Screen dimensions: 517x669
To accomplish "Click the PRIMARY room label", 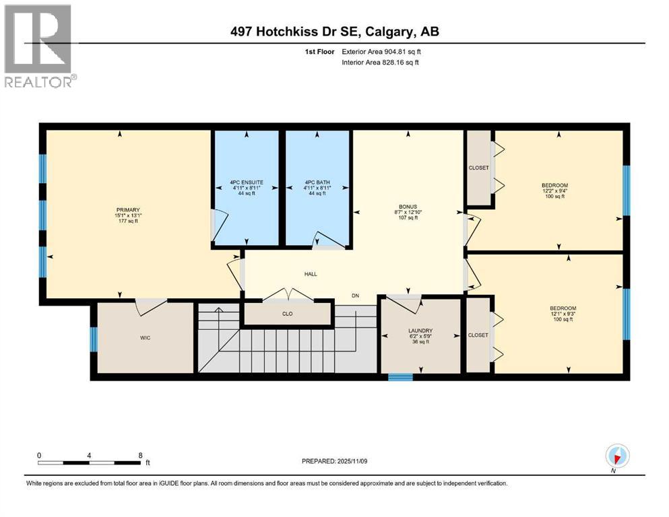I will (127, 209).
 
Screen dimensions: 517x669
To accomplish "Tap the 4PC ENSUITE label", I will (246, 182).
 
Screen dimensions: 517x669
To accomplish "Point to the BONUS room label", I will (408, 206).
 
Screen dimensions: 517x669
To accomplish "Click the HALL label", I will (310, 274).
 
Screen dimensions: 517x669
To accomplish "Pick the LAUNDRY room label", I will (419, 330).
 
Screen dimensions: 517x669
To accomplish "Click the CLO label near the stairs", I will (288, 313).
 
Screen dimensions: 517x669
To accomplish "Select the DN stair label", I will (355, 296).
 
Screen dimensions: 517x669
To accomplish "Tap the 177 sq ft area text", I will (127, 221).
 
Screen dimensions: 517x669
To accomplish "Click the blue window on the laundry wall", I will (400, 378).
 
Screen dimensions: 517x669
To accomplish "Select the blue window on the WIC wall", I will (94, 339).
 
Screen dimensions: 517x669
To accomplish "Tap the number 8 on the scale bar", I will (140, 455).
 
